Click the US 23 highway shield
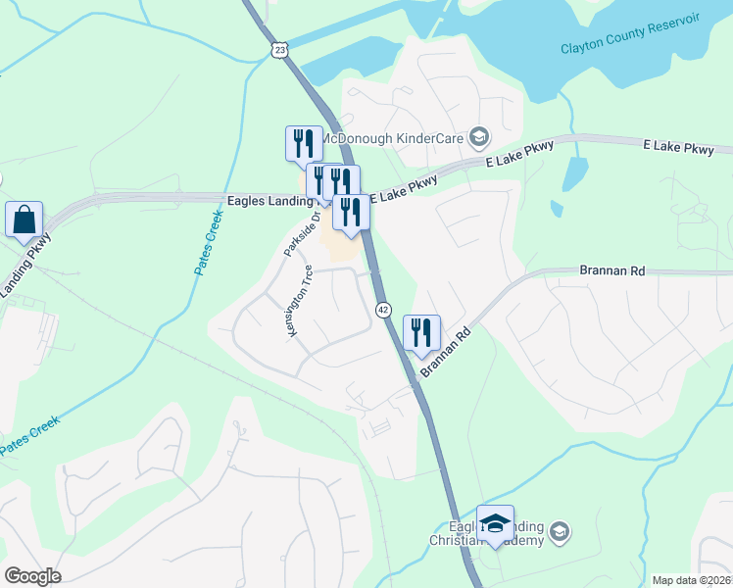(280, 48)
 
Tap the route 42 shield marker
(383, 309)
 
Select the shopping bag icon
(24, 220)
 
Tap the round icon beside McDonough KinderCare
(479, 136)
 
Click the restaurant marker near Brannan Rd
(421, 331)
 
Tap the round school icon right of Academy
(559, 531)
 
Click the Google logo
(32, 576)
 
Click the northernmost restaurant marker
(302, 143)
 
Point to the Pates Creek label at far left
(29, 435)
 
